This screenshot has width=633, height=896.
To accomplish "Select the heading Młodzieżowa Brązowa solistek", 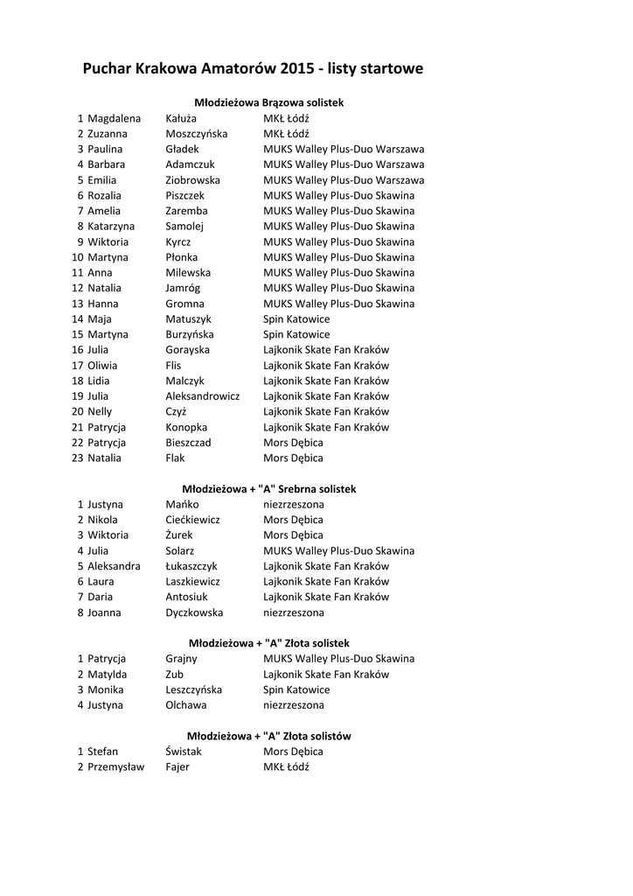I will [268, 102].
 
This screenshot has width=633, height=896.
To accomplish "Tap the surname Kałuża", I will [181, 118].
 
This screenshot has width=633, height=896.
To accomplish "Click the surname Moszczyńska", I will [197, 134].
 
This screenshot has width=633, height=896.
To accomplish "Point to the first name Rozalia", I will [104, 195].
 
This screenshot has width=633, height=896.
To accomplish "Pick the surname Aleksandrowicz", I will [203, 395].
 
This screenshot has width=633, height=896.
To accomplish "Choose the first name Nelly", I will [100, 411].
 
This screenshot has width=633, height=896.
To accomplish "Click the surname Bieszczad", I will [188, 442].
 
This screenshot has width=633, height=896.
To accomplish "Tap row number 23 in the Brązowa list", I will [78, 458].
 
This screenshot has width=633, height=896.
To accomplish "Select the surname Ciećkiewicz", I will [192, 520].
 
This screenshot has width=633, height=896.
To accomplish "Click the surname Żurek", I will [179, 535].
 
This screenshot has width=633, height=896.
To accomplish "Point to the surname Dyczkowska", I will [194, 612].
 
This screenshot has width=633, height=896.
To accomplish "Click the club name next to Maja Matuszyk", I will [296, 318].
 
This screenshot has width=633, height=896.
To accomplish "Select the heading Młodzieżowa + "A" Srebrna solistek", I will [268, 488].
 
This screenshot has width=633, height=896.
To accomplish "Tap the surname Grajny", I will [181, 658].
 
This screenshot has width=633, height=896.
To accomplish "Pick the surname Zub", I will [174, 674].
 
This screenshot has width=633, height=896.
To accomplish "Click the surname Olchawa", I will [186, 704].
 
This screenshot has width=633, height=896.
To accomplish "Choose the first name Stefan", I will [102, 751].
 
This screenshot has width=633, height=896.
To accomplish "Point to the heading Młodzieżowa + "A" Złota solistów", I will [268, 736].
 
